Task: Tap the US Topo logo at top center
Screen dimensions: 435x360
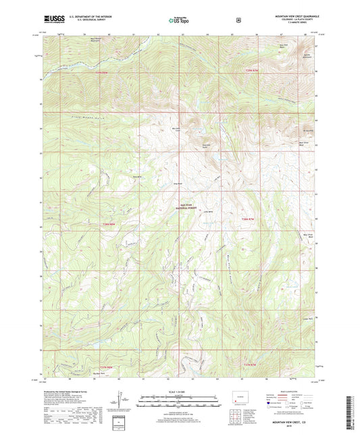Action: [x=179, y=20]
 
